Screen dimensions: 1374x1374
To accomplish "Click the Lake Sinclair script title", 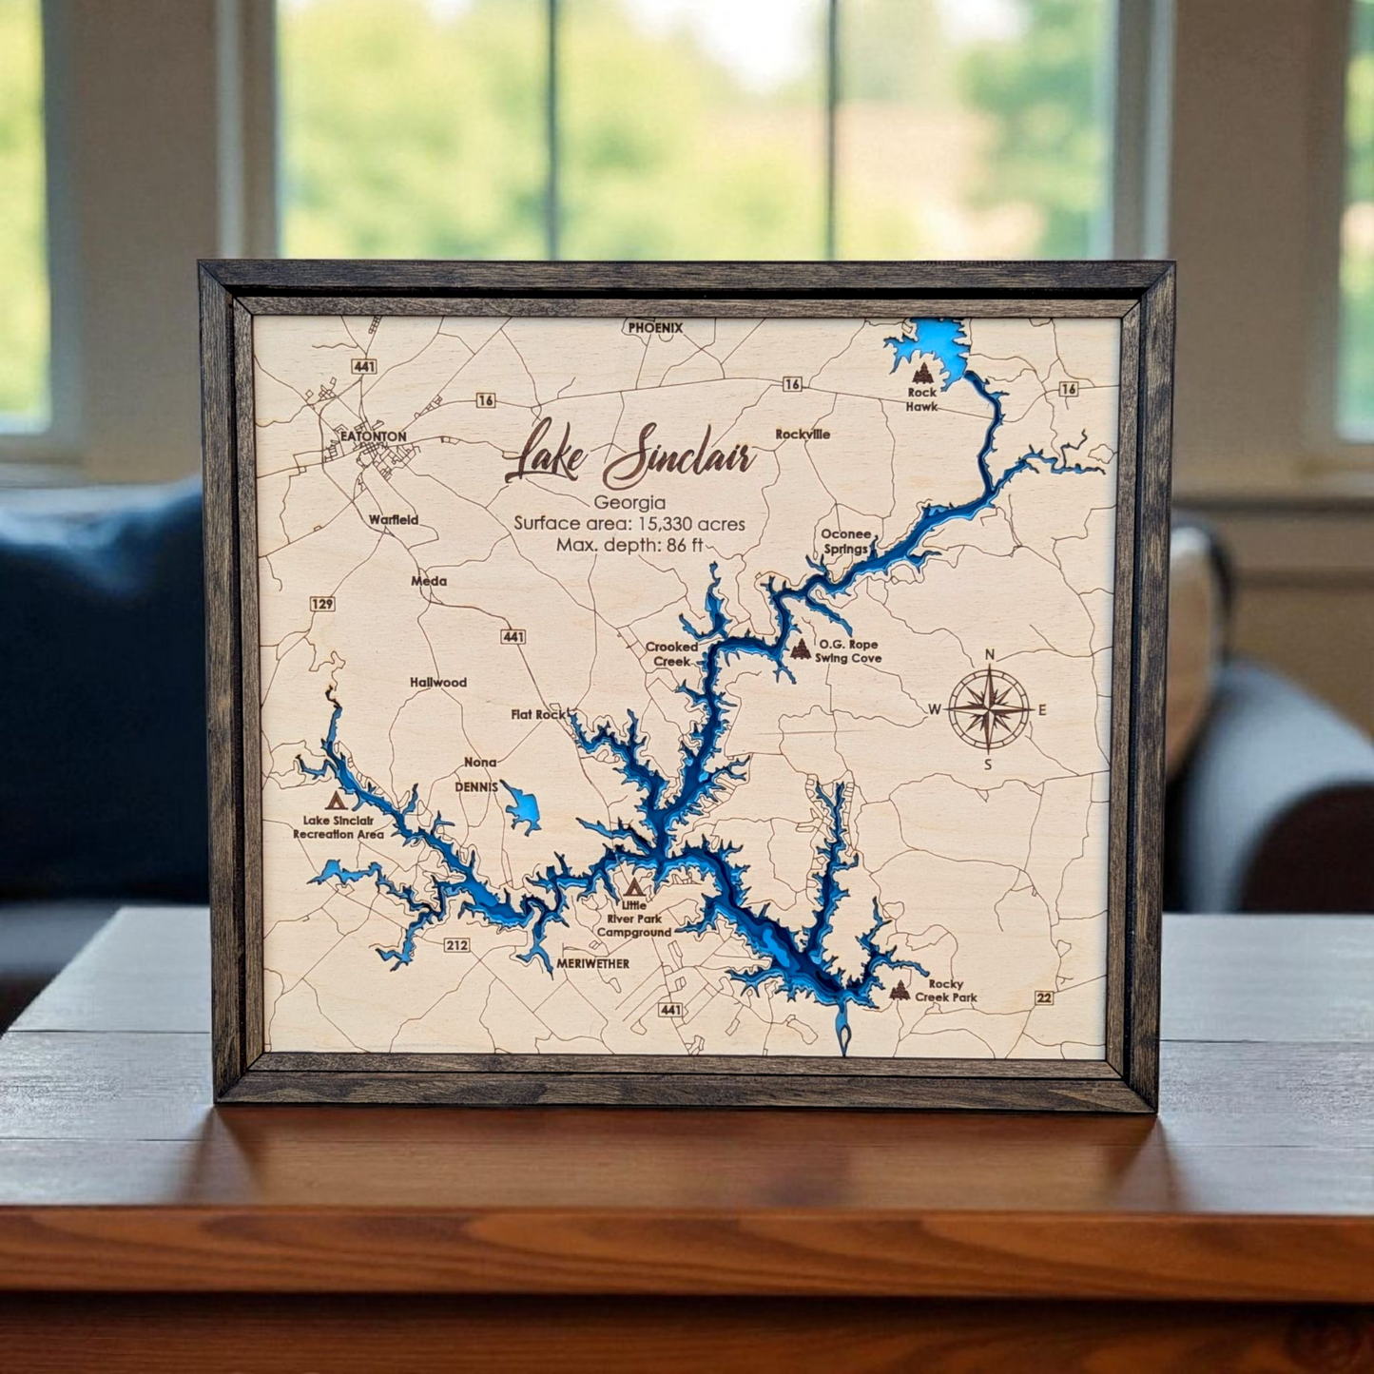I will [x=629, y=455].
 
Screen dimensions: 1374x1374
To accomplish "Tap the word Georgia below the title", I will [x=629, y=502].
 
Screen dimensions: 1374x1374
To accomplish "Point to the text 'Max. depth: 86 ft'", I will [x=629, y=545].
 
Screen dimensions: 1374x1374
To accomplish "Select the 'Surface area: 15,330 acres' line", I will [x=629, y=523].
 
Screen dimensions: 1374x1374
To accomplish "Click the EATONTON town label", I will [x=373, y=436].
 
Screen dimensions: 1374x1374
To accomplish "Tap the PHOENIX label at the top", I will [x=655, y=327].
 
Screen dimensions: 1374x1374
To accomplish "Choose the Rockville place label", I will [x=803, y=434].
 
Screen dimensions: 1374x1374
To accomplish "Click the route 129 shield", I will [x=322, y=604].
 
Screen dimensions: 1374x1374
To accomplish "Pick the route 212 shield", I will [x=456, y=944].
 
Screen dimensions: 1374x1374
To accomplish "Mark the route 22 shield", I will [x=1044, y=997].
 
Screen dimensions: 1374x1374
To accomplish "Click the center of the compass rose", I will [x=990, y=708].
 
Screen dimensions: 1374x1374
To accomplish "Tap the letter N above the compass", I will [x=990, y=654].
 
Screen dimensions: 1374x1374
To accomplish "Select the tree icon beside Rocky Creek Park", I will [x=899, y=991].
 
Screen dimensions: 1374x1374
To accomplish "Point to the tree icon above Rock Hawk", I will [x=920, y=373].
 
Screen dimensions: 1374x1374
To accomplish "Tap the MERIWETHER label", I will [x=592, y=963].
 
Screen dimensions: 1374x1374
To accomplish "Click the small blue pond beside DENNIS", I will [x=522, y=808].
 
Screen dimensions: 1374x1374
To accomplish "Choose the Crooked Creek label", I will [x=671, y=653].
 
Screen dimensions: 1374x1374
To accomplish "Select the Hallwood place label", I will [x=438, y=682].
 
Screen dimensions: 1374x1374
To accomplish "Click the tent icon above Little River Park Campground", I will [x=632, y=888].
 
